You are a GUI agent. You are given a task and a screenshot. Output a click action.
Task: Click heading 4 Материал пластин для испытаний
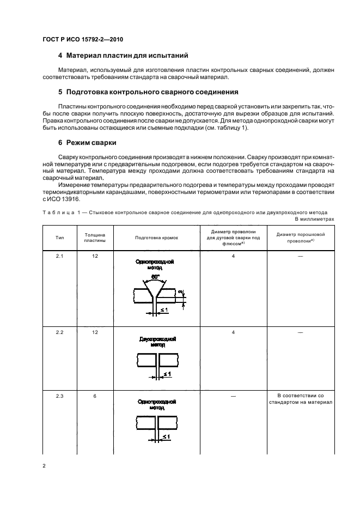click(x=123, y=56)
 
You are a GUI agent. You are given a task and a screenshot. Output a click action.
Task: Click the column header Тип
click(x=59, y=238)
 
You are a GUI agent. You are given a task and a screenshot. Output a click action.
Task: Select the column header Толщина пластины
click(x=94, y=238)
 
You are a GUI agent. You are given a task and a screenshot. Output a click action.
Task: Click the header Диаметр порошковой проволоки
click(x=297, y=238)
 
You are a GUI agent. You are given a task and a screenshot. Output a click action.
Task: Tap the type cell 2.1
click(x=59, y=256)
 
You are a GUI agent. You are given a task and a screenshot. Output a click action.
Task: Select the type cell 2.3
click(x=59, y=396)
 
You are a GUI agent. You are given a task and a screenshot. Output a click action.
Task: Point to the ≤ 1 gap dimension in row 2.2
click(x=167, y=374)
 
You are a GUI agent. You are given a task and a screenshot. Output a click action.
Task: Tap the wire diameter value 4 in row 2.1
click(x=233, y=256)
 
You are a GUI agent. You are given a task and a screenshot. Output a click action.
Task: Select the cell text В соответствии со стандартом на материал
click(x=297, y=399)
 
